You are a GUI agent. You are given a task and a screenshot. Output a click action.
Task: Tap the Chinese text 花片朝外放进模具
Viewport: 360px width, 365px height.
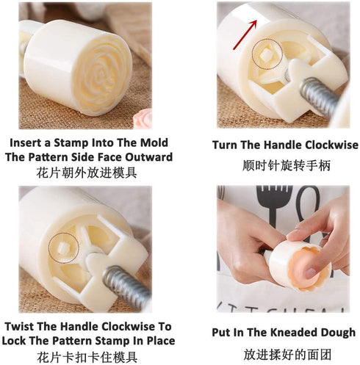point(88,173)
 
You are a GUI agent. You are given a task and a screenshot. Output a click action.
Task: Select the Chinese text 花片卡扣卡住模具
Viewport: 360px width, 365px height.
point(88,356)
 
